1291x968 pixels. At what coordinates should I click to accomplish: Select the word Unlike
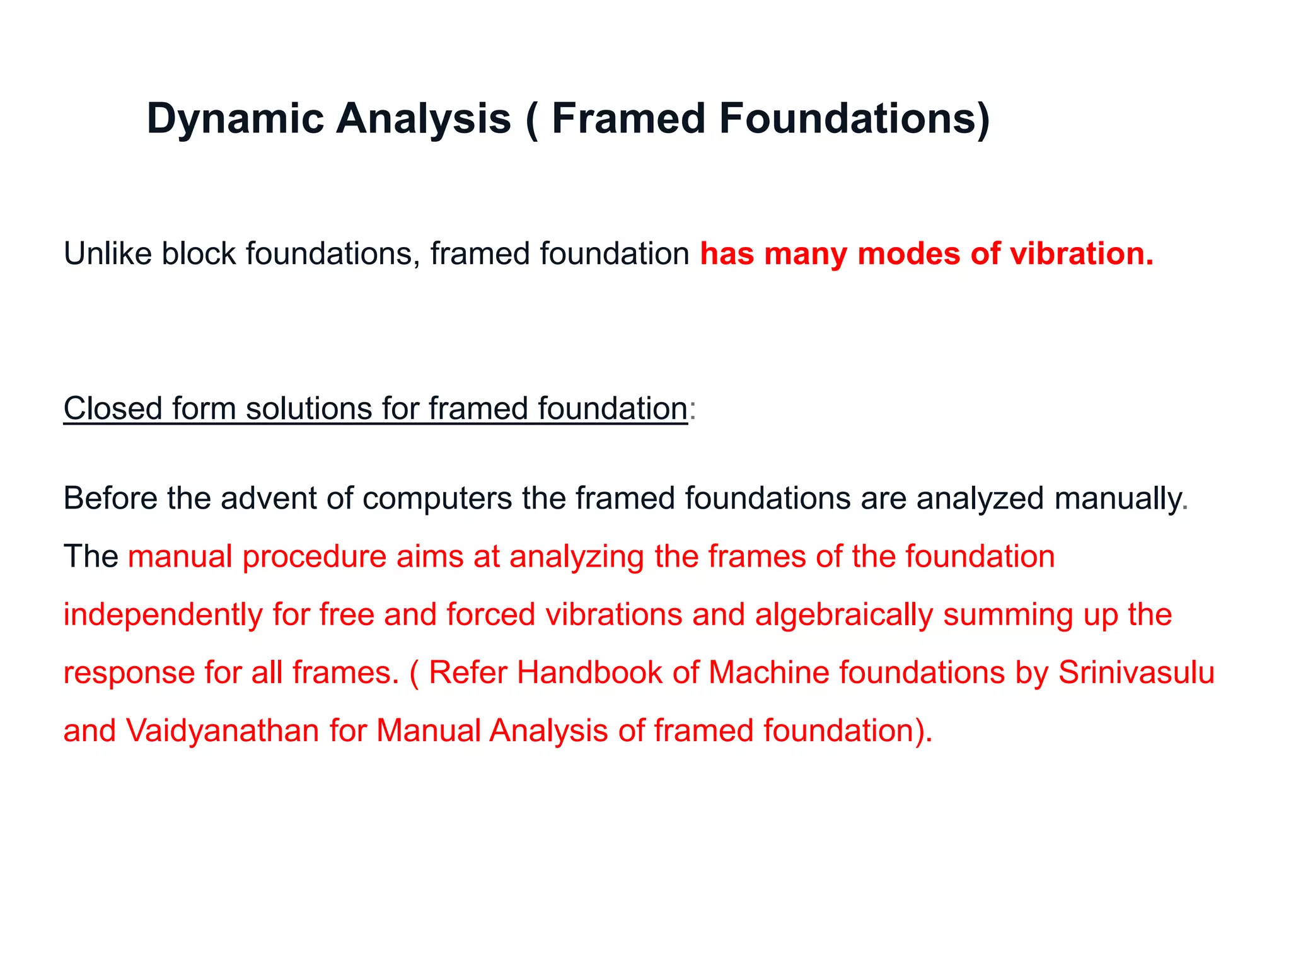click(x=108, y=254)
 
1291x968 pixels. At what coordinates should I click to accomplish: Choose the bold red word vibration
click(x=1082, y=254)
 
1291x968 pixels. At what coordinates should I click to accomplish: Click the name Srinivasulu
click(x=1136, y=672)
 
